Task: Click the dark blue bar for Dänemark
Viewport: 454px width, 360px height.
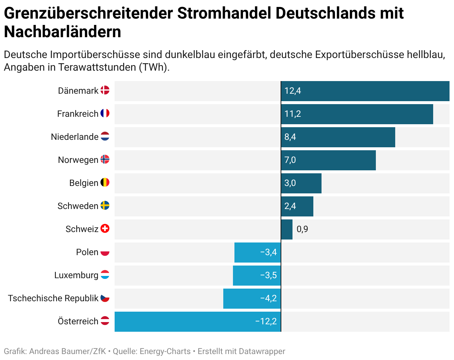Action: click(x=365, y=91)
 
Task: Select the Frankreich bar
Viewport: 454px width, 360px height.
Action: click(x=357, y=114)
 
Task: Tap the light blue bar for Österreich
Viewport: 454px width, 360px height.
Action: click(x=198, y=322)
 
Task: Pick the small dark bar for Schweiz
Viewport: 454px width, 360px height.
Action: click(x=287, y=229)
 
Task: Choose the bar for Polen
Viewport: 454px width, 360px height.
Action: click(x=258, y=253)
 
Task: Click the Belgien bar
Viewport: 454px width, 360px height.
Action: click(x=301, y=183)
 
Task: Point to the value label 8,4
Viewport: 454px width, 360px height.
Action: click(x=290, y=137)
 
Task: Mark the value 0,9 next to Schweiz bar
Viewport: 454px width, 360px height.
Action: click(x=302, y=229)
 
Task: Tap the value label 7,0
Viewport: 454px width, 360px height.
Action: click(x=290, y=160)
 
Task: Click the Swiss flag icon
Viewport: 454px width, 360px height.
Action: click(x=105, y=229)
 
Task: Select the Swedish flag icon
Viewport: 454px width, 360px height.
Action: click(x=105, y=206)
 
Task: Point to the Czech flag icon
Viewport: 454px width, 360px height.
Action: click(x=105, y=298)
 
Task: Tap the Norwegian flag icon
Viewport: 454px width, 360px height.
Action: click(x=105, y=160)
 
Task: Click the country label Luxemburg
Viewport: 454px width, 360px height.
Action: click(x=76, y=276)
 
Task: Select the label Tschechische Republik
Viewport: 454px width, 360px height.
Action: click(x=53, y=299)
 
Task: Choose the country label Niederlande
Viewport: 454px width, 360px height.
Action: click(x=75, y=137)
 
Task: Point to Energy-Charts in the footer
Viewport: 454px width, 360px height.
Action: click(x=165, y=351)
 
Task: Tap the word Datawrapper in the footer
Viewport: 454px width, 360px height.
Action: click(x=262, y=351)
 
